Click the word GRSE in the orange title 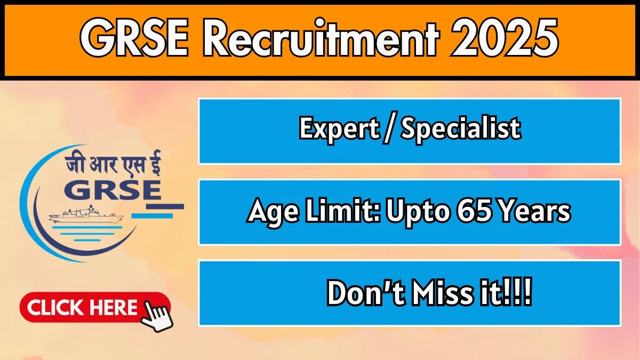click(134, 38)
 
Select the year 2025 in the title click(504, 38)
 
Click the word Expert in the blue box click(339, 129)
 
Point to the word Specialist click(461, 129)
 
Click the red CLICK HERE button click(95, 307)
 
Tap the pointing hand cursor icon click(157, 316)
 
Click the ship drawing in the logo click(86, 215)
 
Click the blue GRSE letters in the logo click(113, 189)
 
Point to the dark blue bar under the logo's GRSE click(165, 206)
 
